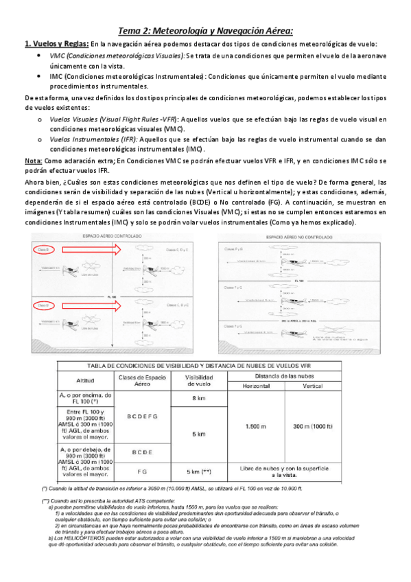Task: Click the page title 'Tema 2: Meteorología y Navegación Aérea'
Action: pyautogui.click(x=205, y=30)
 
